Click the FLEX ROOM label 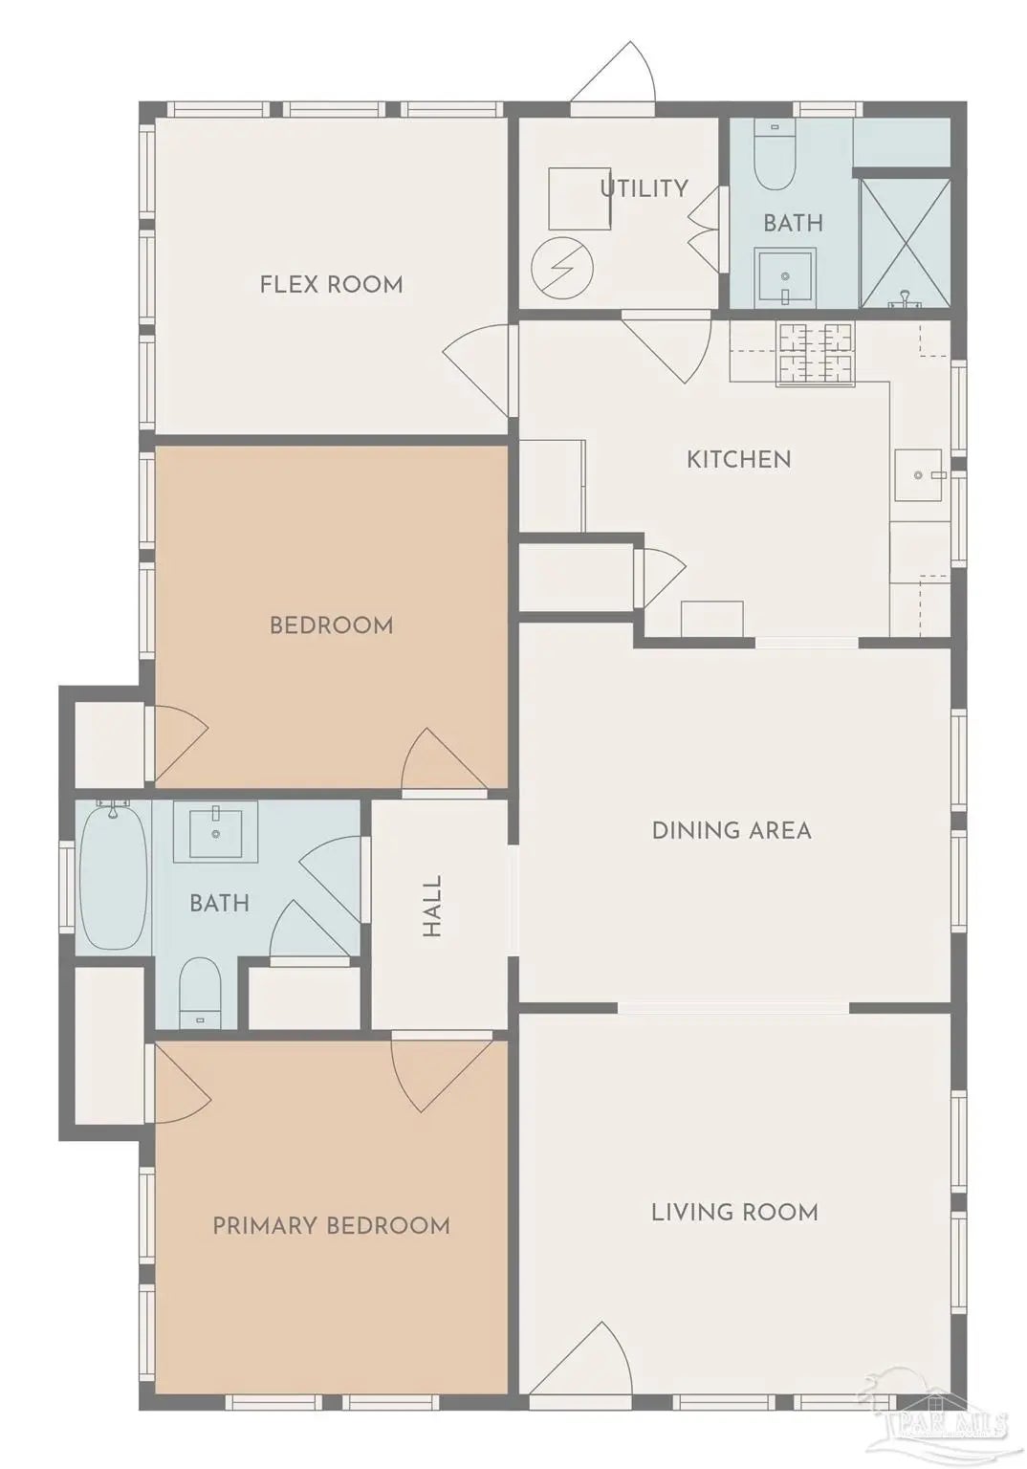coord(331,285)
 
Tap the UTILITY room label coord(645,188)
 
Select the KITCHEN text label coord(739,459)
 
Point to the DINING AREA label coord(732,831)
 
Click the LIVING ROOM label coord(734,1212)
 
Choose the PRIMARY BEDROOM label coord(331,1225)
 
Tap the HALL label coord(431,906)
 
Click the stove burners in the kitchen coord(816,354)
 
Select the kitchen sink coord(919,474)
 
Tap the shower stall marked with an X coord(905,241)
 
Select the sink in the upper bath coord(785,277)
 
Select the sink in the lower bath coord(215,834)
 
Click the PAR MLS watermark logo coord(939,1420)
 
